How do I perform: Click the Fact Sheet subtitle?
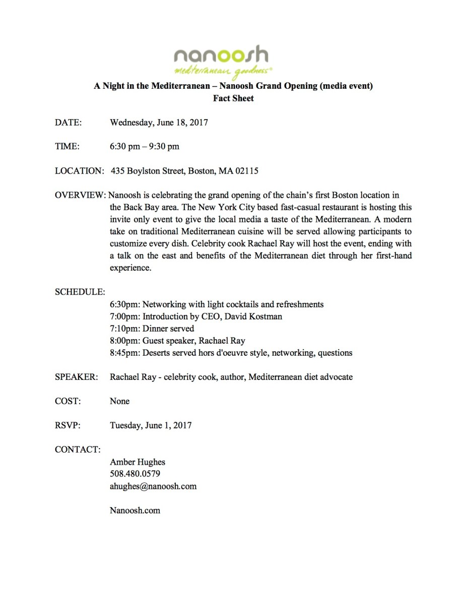click(233, 98)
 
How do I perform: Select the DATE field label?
click(68, 123)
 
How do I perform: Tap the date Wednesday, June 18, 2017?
click(159, 123)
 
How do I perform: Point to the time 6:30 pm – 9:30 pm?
click(145, 147)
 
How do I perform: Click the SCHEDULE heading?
click(80, 292)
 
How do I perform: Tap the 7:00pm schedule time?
click(125, 316)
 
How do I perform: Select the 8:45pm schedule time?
click(125, 353)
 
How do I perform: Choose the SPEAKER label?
click(77, 377)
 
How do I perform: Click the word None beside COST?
click(120, 401)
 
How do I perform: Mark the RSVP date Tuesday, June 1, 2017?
click(151, 425)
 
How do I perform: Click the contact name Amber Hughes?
click(138, 462)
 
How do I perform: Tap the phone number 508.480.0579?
click(135, 474)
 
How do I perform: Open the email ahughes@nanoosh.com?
click(153, 486)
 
